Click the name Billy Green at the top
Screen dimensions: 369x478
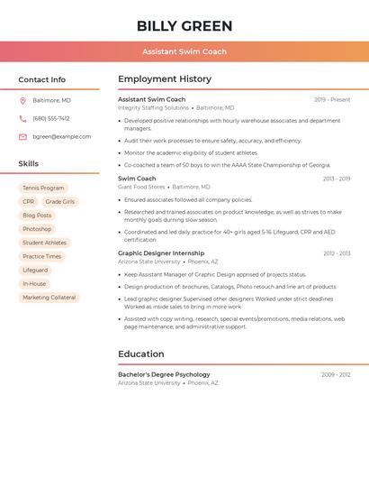click(x=184, y=26)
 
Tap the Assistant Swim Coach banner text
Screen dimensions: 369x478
click(x=184, y=51)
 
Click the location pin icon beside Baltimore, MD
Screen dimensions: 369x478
click(x=22, y=100)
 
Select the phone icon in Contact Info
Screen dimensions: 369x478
click(x=22, y=118)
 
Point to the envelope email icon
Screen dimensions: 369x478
click(x=22, y=137)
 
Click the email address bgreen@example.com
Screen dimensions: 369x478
click(x=61, y=137)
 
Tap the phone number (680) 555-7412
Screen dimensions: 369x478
click(x=50, y=118)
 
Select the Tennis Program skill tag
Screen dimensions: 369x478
click(x=43, y=188)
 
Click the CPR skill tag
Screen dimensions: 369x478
click(x=29, y=202)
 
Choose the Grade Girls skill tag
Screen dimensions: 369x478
click(x=60, y=202)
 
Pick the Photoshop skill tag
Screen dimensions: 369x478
click(x=37, y=229)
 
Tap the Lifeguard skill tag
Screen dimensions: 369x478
click(x=35, y=270)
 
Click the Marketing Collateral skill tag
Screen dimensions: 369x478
click(x=49, y=298)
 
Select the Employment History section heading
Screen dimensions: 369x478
click(x=165, y=79)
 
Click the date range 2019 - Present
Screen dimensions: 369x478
click(x=332, y=100)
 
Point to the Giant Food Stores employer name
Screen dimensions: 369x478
click(x=141, y=187)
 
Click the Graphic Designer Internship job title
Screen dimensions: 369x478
click(x=161, y=253)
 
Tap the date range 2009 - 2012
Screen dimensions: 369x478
click(x=336, y=374)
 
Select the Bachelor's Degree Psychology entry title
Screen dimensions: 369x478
click(x=164, y=374)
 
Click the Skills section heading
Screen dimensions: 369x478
click(x=29, y=164)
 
